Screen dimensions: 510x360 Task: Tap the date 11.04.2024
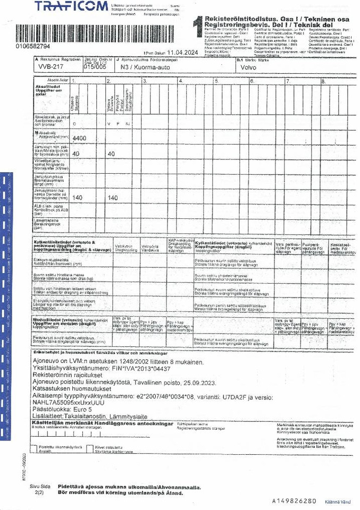point(182,53)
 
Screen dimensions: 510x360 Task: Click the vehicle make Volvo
point(248,68)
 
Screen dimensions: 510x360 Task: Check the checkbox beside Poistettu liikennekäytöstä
point(35,448)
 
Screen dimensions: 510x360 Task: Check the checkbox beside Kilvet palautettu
point(90,448)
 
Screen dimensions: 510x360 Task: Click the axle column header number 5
point(216,80)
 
